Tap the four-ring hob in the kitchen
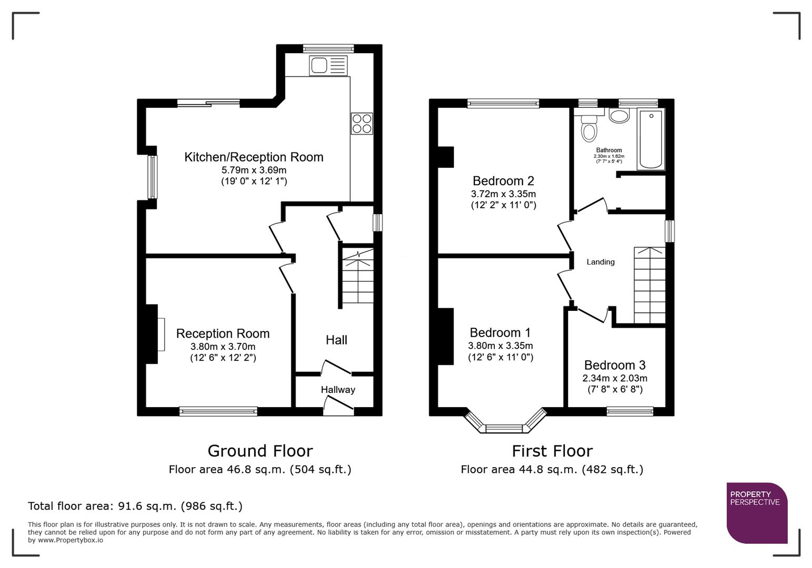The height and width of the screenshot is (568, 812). tap(362, 124)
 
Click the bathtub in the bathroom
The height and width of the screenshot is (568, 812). tap(651, 139)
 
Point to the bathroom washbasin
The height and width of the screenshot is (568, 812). tap(619, 116)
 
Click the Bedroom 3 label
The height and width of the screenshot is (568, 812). tap(615, 365)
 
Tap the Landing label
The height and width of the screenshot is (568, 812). tap(600, 262)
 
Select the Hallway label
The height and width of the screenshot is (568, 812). tap(338, 390)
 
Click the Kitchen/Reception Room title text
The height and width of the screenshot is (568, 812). tap(253, 157)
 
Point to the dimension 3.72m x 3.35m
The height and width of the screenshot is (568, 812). tap(503, 194)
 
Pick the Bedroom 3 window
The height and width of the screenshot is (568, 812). tap(630, 411)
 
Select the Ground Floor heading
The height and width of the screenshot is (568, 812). tap(260, 451)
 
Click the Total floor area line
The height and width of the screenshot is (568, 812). tap(135, 506)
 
